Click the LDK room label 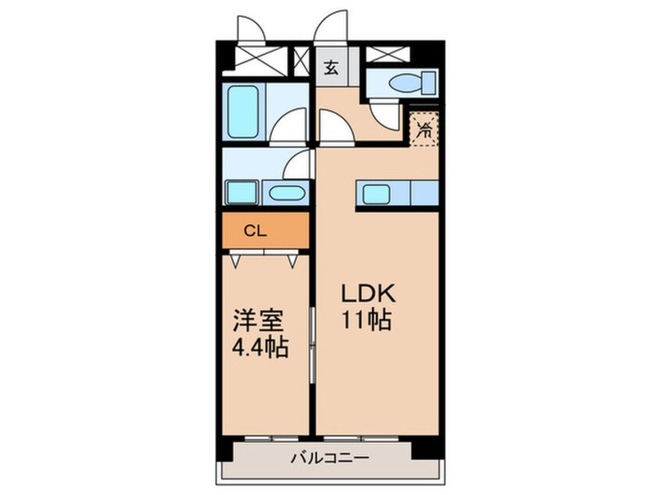[x=369, y=294]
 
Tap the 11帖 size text [x=366, y=320]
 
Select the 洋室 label [x=259, y=321]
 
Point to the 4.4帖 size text [x=260, y=348]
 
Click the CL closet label [x=256, y=231]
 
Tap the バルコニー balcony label [x=330, y=457]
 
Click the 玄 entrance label [x=331, y=67]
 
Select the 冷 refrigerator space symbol [x=424, y=130]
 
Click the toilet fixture [x=413, y=83]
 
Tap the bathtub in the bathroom [x=243, y=112]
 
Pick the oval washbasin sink [x=286, y=194]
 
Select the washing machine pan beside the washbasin [x=241, y=193]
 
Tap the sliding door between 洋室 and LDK [x=313, y=345]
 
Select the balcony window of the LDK [x=361, y=439]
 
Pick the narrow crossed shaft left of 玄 [x=301, y=62]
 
